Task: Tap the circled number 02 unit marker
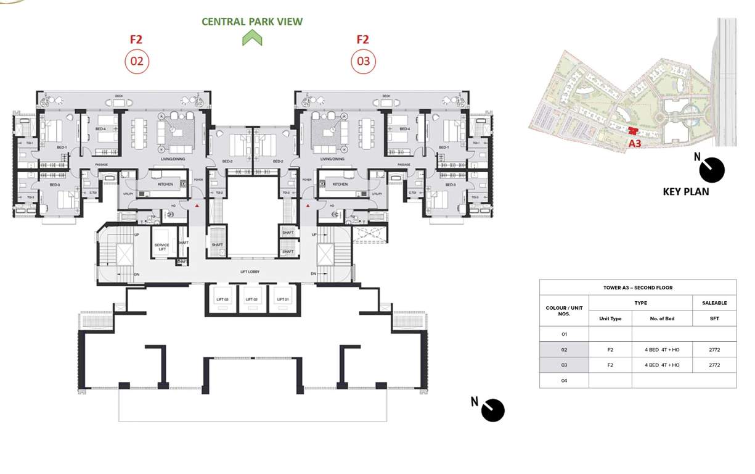pos(137,61)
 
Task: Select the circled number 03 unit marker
pos(363,61)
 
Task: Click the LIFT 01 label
pos(282,299)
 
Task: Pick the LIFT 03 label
pos(222,299)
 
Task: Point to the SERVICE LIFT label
pos(161,247)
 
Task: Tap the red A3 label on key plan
pos(635,143)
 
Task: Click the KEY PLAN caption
pos(685,191)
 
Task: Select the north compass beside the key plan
pos(711,170)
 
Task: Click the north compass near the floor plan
pos(492,410)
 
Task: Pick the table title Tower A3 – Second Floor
pos(637,288)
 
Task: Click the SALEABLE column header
pos(714,303)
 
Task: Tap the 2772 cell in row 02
pos(714,349)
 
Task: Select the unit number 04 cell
pos(564,380)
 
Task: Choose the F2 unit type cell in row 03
pos(610,365)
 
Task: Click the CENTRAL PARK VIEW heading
pos(252,22)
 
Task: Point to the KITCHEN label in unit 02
pos(165,185)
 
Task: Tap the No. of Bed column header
pos(662,318)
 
